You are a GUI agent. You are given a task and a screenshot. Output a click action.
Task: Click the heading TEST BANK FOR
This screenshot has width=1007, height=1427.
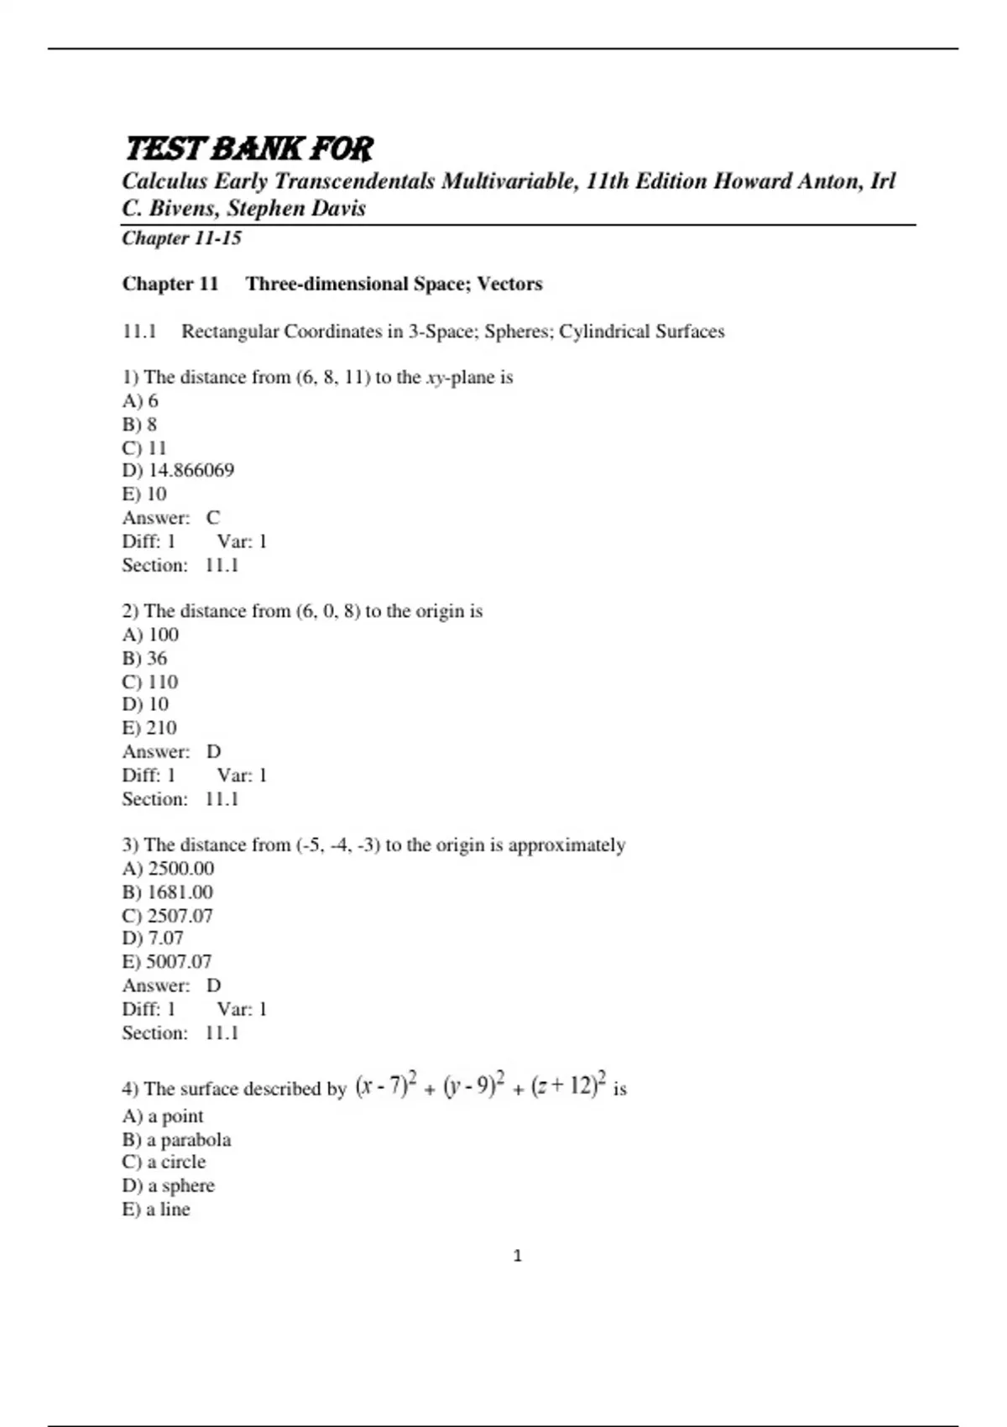pos(248,149)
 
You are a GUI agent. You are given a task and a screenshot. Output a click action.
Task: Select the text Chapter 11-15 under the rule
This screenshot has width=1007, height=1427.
pos(181,238)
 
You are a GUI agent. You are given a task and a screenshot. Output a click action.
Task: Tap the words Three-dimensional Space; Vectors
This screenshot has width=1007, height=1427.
pos(394,284)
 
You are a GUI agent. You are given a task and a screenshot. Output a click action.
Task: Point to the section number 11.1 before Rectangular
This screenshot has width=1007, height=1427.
pos(139,332)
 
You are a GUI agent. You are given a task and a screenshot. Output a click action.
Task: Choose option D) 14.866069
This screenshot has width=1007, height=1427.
pos(178,470)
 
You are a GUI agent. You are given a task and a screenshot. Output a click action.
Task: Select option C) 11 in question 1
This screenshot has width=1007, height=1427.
pos(144,447)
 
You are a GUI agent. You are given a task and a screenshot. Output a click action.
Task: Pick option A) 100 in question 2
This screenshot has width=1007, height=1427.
pos(150,635)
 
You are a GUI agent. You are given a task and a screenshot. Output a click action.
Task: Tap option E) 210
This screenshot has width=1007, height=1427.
pos(149,728)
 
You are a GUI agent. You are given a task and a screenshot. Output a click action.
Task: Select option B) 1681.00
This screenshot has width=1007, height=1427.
pos(168,891)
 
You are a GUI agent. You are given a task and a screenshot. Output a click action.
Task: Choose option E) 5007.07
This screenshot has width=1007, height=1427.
pos(167,961)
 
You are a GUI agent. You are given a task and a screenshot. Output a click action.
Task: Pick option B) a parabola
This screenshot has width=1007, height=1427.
pos(176,1140)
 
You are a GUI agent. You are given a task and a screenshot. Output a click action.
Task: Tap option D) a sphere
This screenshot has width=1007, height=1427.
pos(169,1185)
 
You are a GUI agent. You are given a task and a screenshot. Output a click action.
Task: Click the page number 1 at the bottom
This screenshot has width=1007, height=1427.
pos(517,1256)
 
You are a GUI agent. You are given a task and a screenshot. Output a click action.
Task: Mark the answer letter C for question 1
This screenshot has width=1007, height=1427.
pos(213,518)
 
